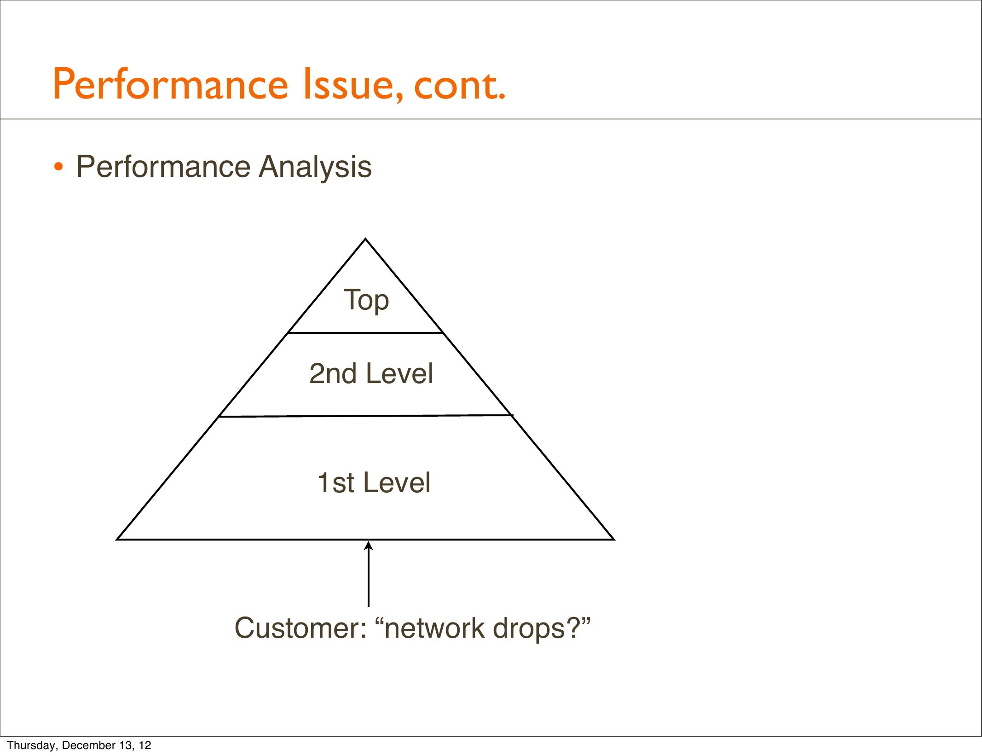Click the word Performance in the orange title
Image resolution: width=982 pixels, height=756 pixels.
[171, 84]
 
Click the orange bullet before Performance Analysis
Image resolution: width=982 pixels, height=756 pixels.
[58, 167]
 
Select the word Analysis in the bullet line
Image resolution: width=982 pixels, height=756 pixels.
[315, 167]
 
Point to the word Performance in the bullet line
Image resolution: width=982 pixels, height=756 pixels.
[163, 166]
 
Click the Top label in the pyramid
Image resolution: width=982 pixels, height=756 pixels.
[366, 300]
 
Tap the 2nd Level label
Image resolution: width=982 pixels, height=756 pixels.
[371, 373]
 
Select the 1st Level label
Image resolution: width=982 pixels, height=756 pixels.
[374, 483]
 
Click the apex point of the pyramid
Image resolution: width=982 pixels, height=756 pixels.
[365, 239]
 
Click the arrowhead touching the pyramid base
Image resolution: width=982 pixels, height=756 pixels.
[368, 546]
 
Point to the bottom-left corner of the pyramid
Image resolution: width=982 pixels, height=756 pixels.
[117, 539]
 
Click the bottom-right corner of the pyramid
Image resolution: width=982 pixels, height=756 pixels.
[614, 539]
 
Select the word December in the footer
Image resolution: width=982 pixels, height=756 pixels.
[88, 745]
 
